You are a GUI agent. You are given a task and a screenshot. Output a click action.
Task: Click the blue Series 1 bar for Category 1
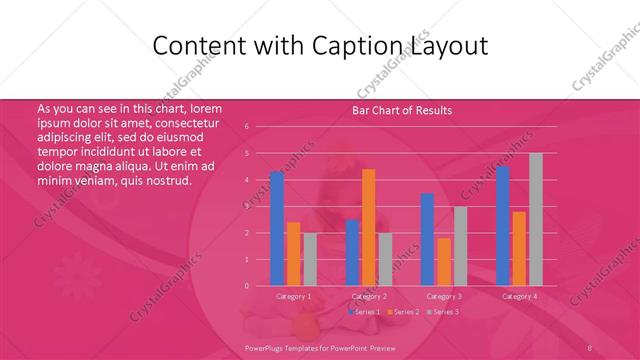[x=277, y=229]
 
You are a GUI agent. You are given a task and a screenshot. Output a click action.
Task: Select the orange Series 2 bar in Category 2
[x=369, y=227]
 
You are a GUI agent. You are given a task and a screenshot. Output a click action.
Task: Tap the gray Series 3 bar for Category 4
[x=536, y=219]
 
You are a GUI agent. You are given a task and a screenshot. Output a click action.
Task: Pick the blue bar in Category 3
[x=427, y=239]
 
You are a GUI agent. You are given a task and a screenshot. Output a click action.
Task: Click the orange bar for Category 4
[x=519, y=248]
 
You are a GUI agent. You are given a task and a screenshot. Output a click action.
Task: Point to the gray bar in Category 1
[x=310, y=259]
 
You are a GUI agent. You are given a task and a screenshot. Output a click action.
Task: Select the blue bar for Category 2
[x=352, y=252]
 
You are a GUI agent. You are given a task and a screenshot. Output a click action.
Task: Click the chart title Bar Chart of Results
[x=402, y=110]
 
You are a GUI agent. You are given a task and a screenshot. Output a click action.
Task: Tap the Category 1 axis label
[x=294, y=296]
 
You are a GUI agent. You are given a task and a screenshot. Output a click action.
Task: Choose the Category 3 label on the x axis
[x=444, y=296]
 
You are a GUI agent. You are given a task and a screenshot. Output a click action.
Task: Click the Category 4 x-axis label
[x=519, y=296]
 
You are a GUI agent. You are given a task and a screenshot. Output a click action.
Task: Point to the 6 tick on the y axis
[x=246, y=127]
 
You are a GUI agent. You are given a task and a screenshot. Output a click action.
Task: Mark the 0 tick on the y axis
[x=246, y=286]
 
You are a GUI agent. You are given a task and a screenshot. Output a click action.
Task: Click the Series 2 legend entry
[x=402, y=312]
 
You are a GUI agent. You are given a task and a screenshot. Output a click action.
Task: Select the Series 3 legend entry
[x=444, y=312]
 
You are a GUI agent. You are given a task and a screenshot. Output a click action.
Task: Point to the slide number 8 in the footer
[x=590, y=348]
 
